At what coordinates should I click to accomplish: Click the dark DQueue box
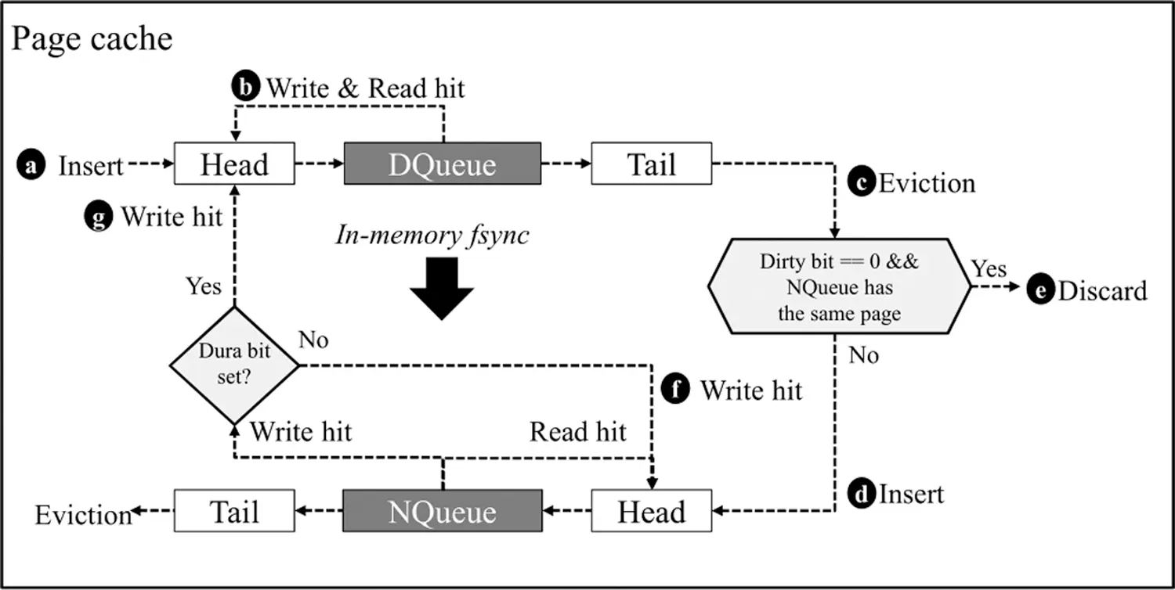click(443, 164)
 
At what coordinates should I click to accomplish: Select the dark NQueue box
click(443, 511)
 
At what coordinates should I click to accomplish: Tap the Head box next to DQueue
click(234, 164)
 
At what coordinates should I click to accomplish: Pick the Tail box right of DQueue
click(652, 164)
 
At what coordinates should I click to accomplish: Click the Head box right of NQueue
click(652, 511)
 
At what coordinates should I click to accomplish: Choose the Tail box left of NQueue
click(234, 511)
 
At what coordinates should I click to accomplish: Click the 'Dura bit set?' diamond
click(234, 365)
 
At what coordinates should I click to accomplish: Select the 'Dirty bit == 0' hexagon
click(839, 286)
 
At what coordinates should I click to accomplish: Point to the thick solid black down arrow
click(442, 289)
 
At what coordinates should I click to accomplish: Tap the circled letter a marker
click(31, 164)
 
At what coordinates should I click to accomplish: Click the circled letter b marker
click(245, 86)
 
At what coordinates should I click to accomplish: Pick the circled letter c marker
click(862, 182)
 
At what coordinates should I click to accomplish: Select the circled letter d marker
click(862, 493)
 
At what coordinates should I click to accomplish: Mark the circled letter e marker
click(1040, 289)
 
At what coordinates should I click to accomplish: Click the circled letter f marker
click(675, 390)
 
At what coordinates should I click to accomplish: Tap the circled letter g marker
click(99, 217)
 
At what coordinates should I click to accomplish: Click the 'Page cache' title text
click(92, 39)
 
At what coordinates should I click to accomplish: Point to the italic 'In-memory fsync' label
click(432, 235)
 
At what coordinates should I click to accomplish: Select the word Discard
click(1103, 291)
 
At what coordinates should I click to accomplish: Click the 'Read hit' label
click(577, 432)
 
